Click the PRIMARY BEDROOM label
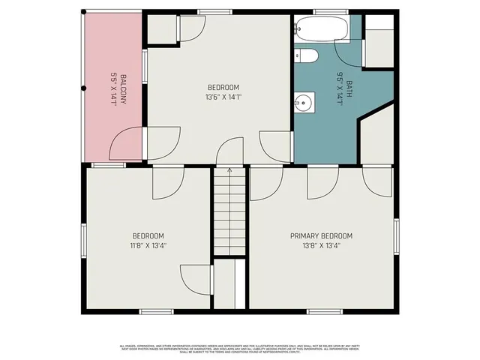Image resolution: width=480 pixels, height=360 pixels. (x=321, y=235)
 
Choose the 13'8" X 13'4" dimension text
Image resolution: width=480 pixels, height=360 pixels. (x=321, y=244)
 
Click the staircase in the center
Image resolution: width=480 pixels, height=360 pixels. (x=229, y=214)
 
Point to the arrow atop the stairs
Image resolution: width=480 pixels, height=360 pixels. (x=229, y=170)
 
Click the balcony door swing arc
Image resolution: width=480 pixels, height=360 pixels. (x=127, y=142)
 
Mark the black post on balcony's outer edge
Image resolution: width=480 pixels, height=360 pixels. (x=83, y=88)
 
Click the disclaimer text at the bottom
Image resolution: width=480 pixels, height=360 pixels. (x=240, y=348)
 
